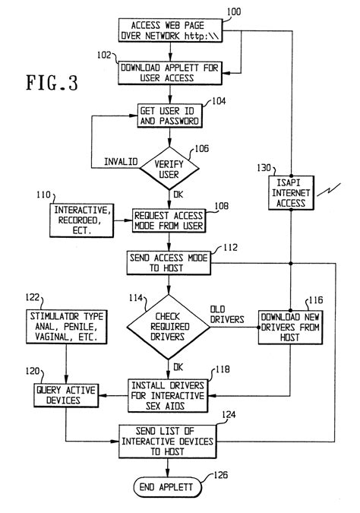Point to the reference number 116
(314, 302)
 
